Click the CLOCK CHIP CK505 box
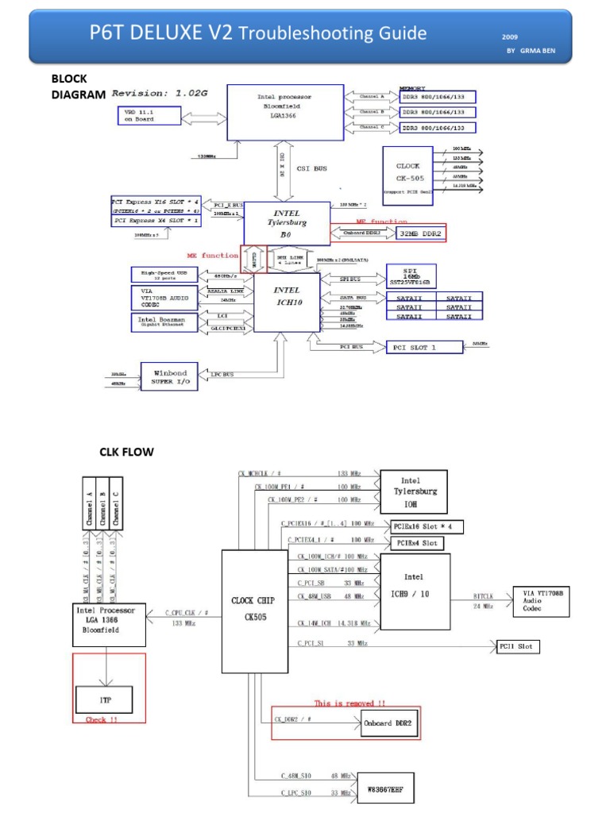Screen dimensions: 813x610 click(x=254, y=611)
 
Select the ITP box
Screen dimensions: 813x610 click(x=104, y=699)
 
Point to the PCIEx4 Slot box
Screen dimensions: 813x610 click(x=418, y=543)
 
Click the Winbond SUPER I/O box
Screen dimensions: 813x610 click(x=168, y=376)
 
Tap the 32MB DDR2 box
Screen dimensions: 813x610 click(x=421, y=233)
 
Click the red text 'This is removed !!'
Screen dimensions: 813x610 click(x=349, y=703)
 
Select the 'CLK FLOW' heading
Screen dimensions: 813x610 click(x=126, y=453)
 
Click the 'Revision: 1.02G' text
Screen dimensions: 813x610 click(x=160, y=93)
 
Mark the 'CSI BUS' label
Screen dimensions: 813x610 click(x=311, y=168)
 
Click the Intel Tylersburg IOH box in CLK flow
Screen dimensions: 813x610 click(x=413, y=491)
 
